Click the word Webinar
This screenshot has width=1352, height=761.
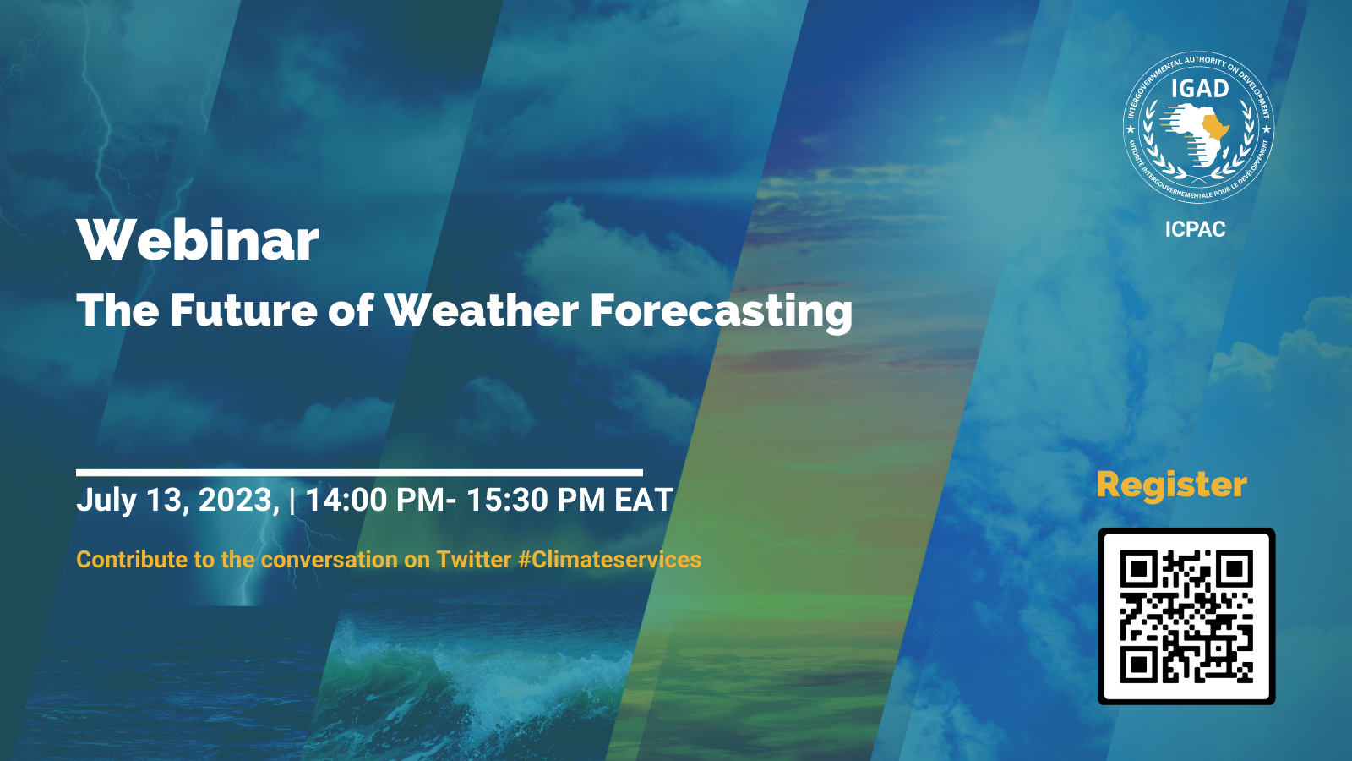click(x=198, y=240)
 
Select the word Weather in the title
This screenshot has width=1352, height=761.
click(x=482, y=310)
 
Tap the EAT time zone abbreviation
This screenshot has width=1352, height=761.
click(x=644, y=501)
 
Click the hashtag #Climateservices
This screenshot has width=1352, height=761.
click(x=609, y=560)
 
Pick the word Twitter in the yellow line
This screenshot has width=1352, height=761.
click(x=473, y=560)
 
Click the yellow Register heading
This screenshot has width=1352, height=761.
click(x=1171, y=485)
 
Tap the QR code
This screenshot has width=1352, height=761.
click(x=1186, y=616)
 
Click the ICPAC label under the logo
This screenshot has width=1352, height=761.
click(x=1195, y=229)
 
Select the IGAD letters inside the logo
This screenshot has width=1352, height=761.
click(x=1199, y=89)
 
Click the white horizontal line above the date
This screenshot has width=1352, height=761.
click(x=359, y=473)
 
